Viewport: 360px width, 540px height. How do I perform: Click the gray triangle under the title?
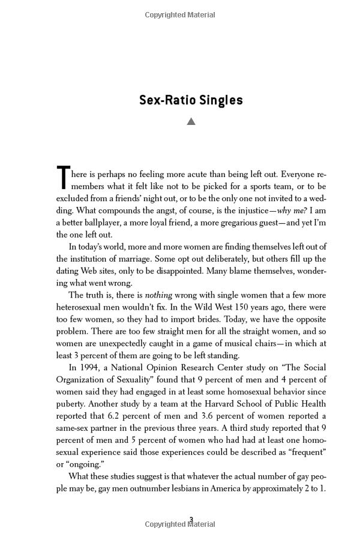pos(191,122)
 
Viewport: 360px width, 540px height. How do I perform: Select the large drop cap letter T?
pos(63,178)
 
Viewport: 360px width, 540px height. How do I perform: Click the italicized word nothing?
pos(158,295)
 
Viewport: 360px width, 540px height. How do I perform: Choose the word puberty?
pos(72,403)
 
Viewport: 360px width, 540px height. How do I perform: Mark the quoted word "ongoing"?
pos(85,463)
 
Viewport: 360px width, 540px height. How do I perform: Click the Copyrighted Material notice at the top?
pos(180,14)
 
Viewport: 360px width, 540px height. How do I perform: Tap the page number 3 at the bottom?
pos(191,520)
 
